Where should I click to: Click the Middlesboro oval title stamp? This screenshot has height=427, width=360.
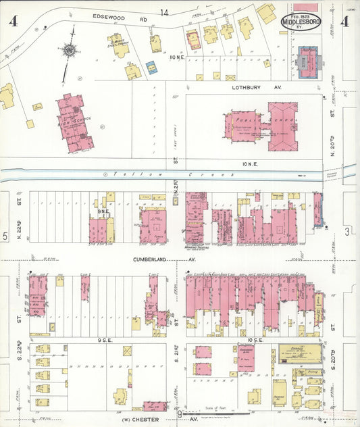[x=301, y=22]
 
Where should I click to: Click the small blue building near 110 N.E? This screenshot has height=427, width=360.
[x=152, y=68]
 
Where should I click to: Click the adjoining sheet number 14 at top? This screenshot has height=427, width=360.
[x=164, y=12]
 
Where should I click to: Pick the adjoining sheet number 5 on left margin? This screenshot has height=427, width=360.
[x=5, y=236]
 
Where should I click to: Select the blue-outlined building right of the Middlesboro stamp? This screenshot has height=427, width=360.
[x=309, y=61]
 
